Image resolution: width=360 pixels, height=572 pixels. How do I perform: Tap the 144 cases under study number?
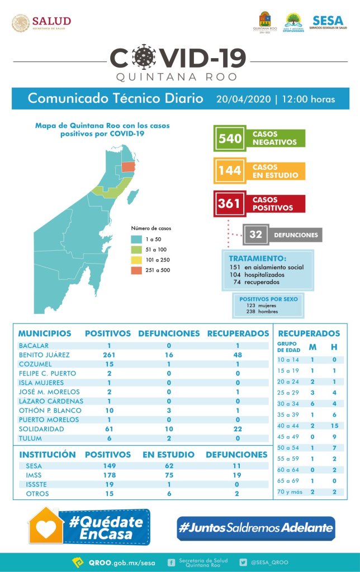coord(230,171)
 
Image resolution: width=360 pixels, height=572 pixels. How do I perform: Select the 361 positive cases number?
coord(229,203)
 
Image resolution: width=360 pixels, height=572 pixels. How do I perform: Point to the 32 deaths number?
coord(255,235)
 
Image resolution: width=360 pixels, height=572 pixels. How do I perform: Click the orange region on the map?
coord(129,167)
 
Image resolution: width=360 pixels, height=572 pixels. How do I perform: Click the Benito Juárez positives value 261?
coord(110,355)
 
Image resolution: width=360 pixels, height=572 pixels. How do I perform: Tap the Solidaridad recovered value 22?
coord(238,428)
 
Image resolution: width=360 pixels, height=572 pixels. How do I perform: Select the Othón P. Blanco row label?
coord(50,410)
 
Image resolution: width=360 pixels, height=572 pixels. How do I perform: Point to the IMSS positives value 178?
coord(110,475)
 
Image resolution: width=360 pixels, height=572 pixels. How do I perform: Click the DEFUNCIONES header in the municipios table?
coord(169,333)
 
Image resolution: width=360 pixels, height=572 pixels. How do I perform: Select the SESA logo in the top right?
coord(328,24)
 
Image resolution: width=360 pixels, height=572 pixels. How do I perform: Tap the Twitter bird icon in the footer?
coord(243,562)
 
